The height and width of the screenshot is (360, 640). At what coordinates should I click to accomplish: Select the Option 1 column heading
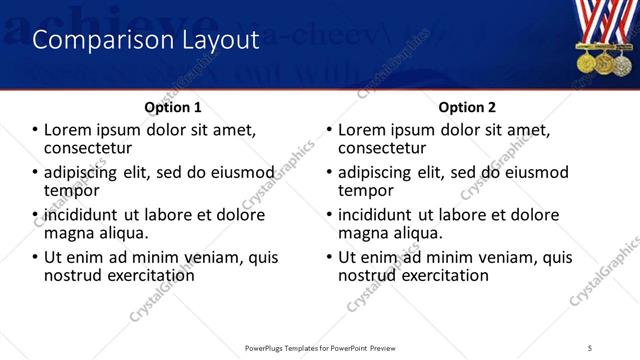(173, 107)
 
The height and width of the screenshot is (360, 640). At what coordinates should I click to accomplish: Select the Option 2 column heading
(465, 107)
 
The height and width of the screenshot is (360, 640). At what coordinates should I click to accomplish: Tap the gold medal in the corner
(586, 63)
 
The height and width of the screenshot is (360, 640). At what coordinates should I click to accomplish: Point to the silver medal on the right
(622, 63)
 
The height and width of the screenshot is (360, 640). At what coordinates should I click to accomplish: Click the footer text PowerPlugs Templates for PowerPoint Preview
(319, 348)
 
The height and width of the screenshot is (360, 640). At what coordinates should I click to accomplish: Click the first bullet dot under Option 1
(36, 130)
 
